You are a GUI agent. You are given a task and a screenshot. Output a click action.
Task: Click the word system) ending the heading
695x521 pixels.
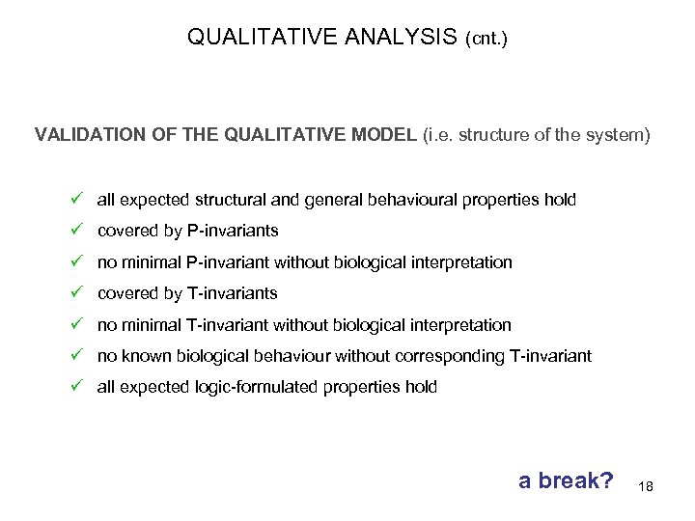pos(623,136)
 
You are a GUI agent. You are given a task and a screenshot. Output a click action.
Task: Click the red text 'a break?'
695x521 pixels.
pos(566,480)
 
